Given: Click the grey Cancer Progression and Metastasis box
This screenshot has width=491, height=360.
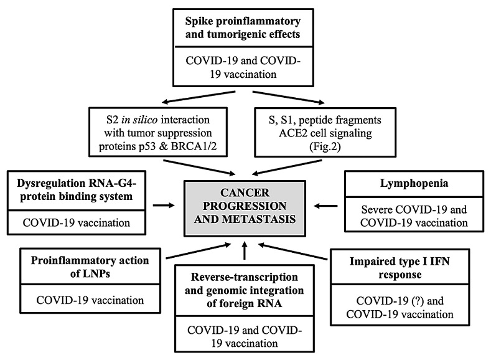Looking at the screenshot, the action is coord(245,209).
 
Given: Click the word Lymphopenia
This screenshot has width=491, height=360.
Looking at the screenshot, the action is coord(414,184).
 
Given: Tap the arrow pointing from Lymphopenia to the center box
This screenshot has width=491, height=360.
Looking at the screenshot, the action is coord(325,206).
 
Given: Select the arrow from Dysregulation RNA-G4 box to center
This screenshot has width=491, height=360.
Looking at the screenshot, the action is coord(164,206).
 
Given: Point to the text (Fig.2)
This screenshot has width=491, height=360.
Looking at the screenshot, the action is coord(325,146).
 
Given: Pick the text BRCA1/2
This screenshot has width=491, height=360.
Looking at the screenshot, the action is coord(194,146).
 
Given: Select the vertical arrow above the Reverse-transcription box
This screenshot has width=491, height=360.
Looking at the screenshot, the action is coord(245,250).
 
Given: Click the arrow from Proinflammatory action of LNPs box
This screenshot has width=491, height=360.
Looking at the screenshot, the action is coord(199,251).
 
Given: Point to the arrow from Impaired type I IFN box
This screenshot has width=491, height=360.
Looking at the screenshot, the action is coord(292,251).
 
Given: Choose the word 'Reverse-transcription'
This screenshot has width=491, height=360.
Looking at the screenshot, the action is coord(244,277).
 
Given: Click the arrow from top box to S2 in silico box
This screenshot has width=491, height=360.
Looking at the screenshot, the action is coord(199,97).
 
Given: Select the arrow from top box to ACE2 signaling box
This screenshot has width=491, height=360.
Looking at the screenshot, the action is coord(288,97).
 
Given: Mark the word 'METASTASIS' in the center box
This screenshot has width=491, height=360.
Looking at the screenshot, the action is coord(266,219).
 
